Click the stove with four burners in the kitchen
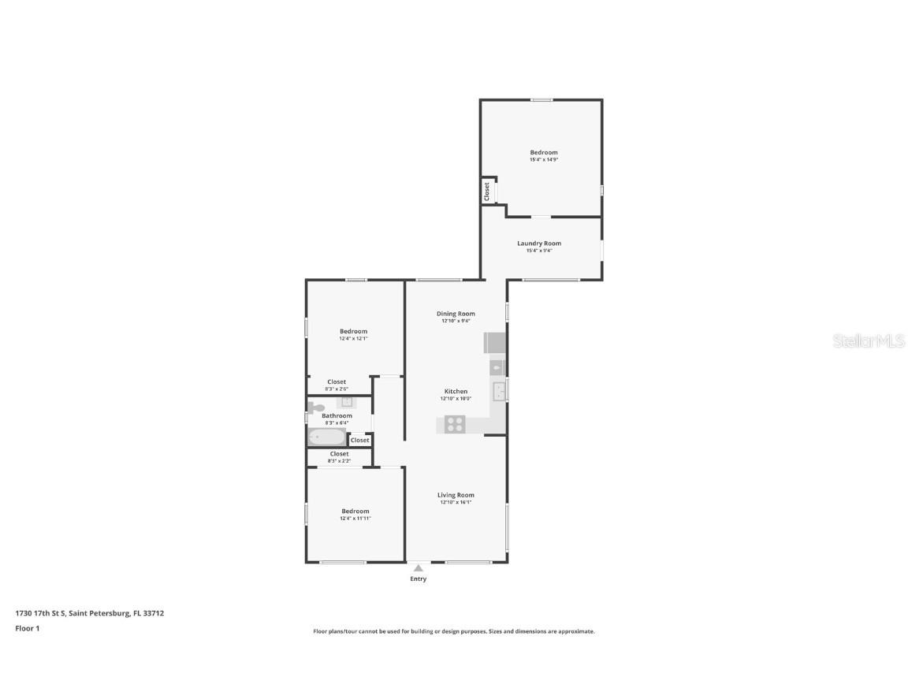[455, 424]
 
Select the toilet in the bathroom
[316, 408]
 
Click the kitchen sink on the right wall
[499, 391]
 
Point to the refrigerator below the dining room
[495, 343]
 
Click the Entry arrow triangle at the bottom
[418, 567]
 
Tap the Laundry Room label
[539, 244]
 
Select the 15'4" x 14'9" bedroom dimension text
[543, 160]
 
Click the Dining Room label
[456, 314]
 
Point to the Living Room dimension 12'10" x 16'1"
[456, 502]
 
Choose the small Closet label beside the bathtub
[359, 441]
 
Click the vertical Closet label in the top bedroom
[487, 192]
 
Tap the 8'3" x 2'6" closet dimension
[337, 389]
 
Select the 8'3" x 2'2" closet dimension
[339, 461]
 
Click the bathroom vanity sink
[347, 402]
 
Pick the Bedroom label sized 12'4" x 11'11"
[355, 512]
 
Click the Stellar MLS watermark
[869, 341]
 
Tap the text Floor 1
[27, 628]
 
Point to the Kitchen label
[456, 391]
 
